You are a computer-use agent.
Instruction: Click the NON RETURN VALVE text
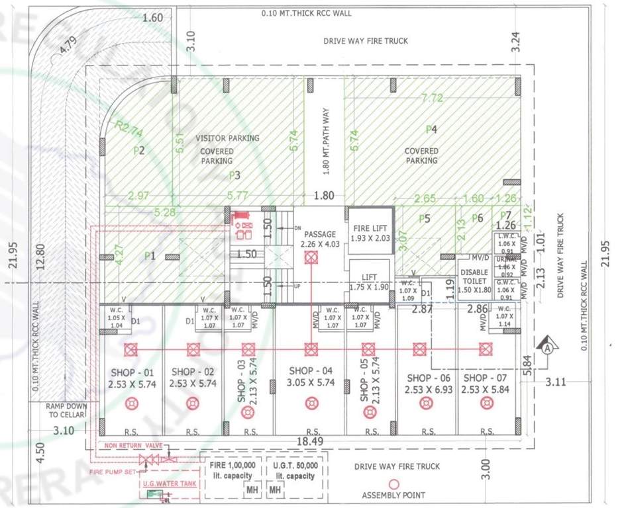[132, 446]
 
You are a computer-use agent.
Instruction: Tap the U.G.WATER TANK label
[168, 484]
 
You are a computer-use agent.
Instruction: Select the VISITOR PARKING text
[227, 138]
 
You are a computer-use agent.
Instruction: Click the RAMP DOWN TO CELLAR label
[63, 411]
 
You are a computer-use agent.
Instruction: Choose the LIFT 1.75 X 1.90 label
[370, 282]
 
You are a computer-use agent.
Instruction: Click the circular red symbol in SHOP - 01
[131, 402]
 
